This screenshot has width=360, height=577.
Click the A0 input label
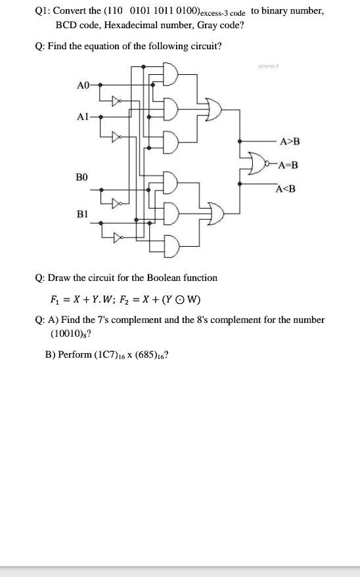click(82, 85)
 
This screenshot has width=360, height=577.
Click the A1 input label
click(82, 116)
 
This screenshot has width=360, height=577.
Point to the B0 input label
click(82, 177)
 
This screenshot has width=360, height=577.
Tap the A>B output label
click(290, 141)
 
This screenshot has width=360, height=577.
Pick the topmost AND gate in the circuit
click(169, 75)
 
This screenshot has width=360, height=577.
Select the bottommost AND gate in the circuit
click(169, 245)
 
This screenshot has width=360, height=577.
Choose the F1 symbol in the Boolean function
click(54, 302)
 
